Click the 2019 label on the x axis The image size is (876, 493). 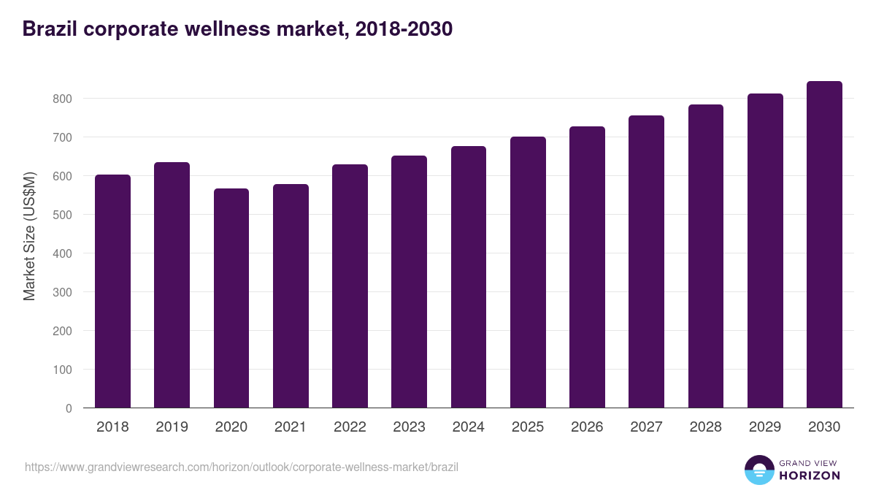172,427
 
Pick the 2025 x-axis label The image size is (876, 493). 528,427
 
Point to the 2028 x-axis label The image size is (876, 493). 705,427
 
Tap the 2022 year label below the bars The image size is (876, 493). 350,427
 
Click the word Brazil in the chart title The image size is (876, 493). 50,29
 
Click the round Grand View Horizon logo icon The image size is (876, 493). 758,470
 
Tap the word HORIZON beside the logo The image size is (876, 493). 810,475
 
